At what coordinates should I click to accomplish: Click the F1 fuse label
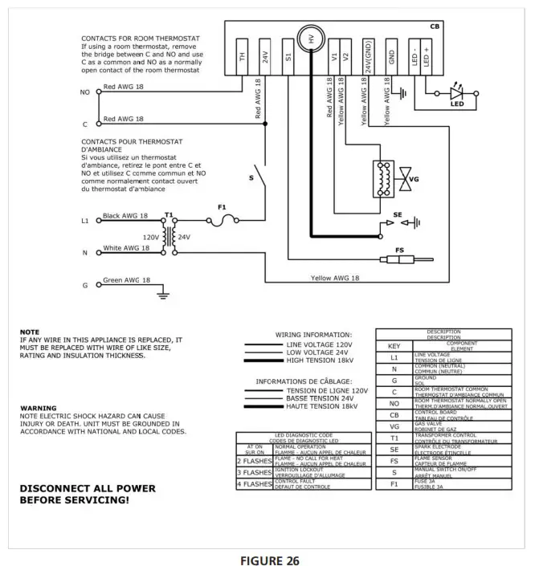click(x=222, y=207)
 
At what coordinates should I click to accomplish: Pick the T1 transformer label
click(x=169, y=217)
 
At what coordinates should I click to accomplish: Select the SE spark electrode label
click(x=397, y=215)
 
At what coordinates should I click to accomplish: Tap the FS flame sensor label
click(x=399, y=250)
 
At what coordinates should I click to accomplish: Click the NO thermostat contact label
click(x=85, y=92)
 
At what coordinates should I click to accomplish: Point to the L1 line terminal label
click(x=85, y=220)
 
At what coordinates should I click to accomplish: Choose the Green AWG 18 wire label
click(x=126, y=281)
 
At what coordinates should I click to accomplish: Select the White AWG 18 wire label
click(x=126, y=248)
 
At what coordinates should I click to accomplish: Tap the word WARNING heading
click(x=39, y=408)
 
